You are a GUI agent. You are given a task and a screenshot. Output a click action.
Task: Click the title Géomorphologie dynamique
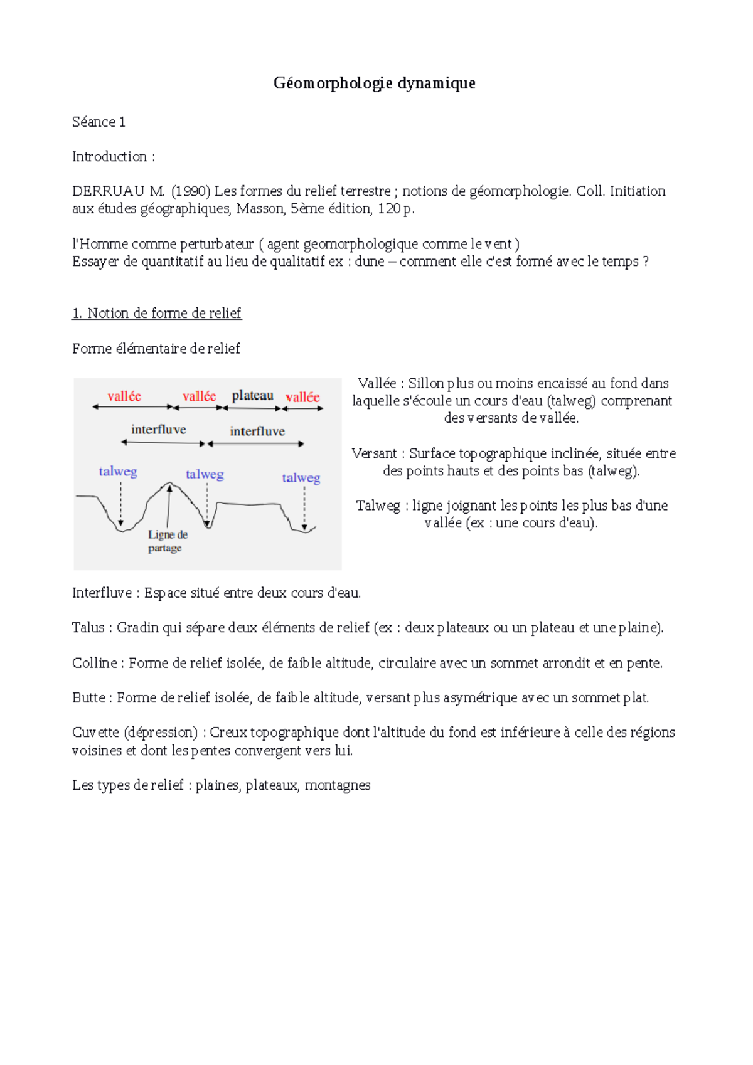(374, 83)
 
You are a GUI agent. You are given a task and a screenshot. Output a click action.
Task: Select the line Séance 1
(99, 122)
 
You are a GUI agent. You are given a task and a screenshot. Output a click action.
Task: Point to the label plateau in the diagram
(252, 395)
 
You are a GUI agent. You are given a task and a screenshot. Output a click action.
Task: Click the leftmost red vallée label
(124, 396)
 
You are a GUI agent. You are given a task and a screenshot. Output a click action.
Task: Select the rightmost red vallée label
(302, 396)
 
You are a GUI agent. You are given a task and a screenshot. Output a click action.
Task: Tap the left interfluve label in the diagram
(158, 429)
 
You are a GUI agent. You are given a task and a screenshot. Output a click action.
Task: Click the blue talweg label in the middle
(205, 474)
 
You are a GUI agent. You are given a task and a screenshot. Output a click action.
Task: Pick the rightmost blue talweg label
(301, 478)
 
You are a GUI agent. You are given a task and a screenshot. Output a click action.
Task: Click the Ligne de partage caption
(167, 541)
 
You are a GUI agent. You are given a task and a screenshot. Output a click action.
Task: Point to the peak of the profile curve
(169, 484)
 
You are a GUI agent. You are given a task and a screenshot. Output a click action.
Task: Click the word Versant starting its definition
(374, 453)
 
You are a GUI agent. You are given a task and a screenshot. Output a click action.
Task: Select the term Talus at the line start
(88, 628)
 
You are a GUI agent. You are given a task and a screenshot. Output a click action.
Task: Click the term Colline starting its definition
(94, 663)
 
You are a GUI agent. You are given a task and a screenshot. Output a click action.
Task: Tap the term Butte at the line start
(89, 697)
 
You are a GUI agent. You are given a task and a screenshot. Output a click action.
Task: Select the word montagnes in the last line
(338, 785)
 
